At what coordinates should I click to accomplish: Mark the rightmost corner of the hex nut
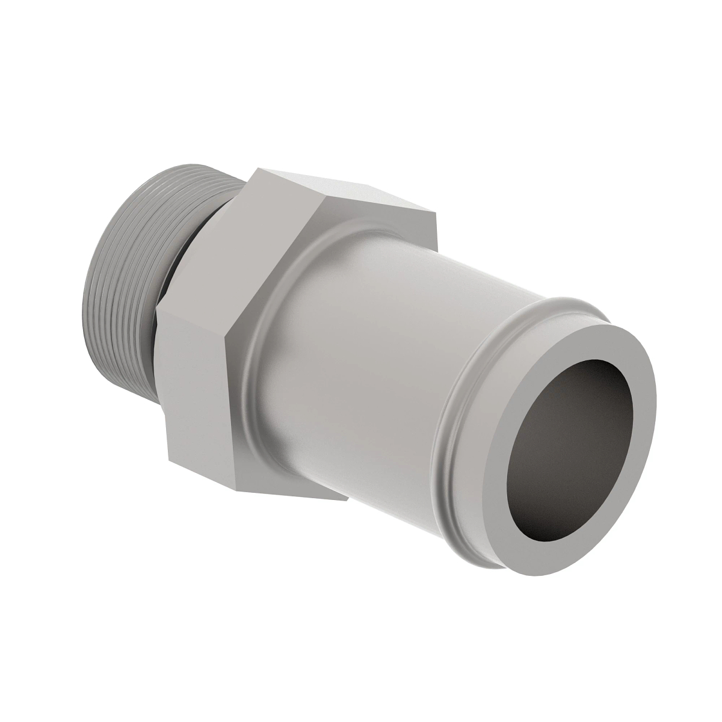pyautogui.click(x=435, y=211)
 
